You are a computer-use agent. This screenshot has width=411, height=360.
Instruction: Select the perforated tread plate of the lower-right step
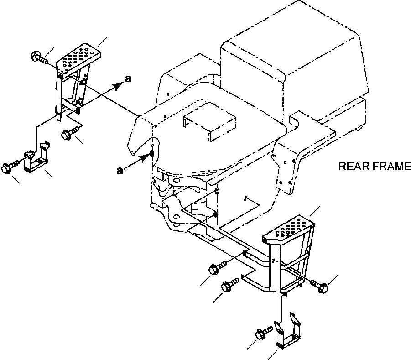pyautogui.click(x=288, y=228)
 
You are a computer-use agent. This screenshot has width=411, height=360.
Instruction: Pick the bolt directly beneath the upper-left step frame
pyautogui.click(x=68, y=134)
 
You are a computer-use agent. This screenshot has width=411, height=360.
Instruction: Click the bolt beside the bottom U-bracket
pyautogui.click(x=261, y=335)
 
